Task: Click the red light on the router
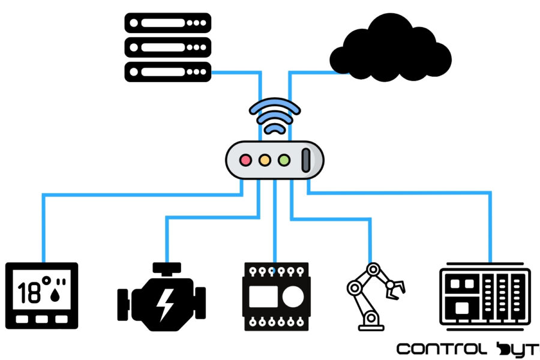(245, 161)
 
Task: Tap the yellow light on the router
(265, 161)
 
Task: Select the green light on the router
(284, 161)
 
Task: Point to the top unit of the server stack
(168, 23)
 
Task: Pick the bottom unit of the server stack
(168, 72)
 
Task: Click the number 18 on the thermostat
(29, 293)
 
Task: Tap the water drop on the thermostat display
(59, 293)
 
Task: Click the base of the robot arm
(371, 326)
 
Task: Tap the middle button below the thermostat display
(41, 320)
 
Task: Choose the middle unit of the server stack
(168, 47)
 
